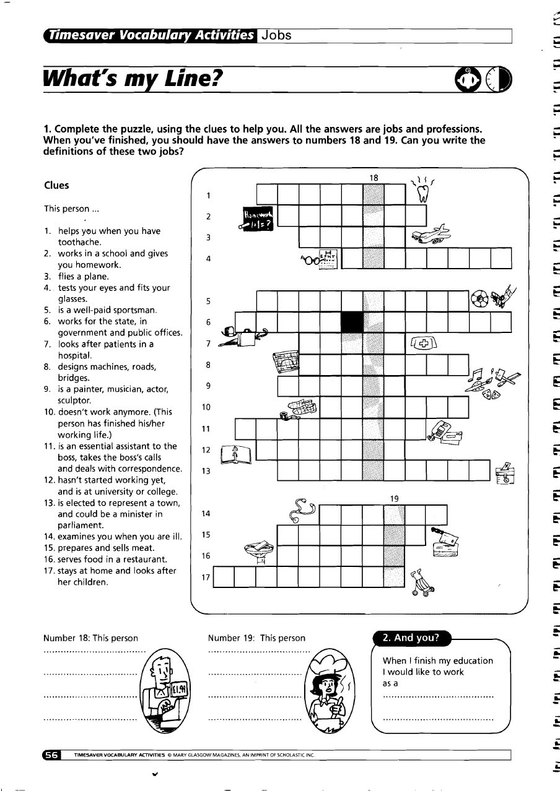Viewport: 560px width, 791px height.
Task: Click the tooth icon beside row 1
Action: pos(424,193)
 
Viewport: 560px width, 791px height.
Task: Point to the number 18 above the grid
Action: pos(374,178)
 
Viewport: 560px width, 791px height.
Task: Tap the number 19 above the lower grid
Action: pos(394,498)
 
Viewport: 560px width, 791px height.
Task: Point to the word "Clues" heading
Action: pos(56,185)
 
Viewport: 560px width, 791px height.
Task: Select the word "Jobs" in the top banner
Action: pos(276,35)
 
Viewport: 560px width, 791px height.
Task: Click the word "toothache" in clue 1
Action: pos(79,242)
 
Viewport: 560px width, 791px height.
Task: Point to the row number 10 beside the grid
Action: pos(207,407)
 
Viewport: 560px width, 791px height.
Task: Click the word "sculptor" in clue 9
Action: pos(74,400)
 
